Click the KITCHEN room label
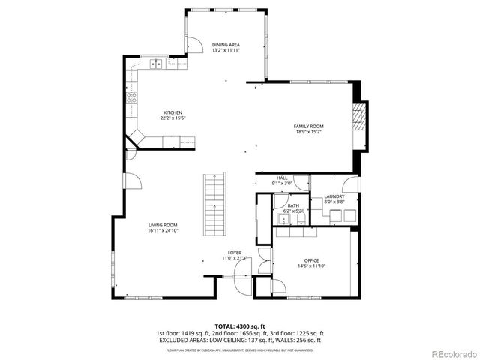coord(172,112)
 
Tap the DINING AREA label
coord(226,45)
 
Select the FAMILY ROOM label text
coord(308,127)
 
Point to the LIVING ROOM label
coord(162,225)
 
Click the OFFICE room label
coord(311,260)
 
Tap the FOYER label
coord(235,253)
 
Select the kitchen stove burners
coord(132,96)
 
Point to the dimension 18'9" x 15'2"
coord(308,132)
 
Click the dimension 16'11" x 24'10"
coord(162,231)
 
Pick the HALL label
coord(282,178)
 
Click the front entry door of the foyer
coord(240,284)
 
